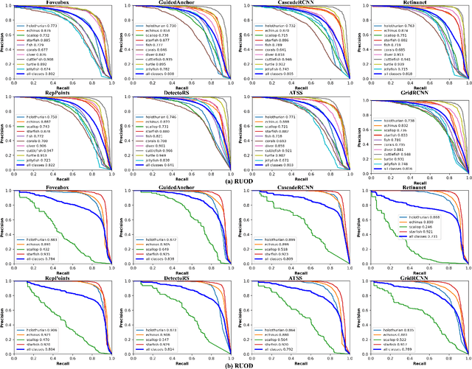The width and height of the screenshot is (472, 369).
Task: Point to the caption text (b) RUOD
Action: click(x=236, y=365)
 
